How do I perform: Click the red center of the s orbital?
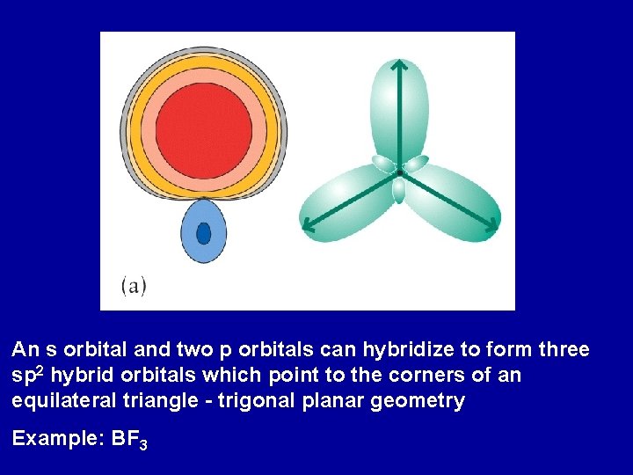[x=203, y=130]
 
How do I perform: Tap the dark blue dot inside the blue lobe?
[x=203, y=233]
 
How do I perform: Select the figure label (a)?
[x=133, y=285]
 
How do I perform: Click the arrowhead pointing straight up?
[x=399, y=65]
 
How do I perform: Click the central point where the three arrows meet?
[x=399, y=172]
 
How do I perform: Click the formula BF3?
[x=130, y=440]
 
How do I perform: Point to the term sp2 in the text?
[x=28, y=376]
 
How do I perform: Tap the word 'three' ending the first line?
[x=563, y=350]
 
